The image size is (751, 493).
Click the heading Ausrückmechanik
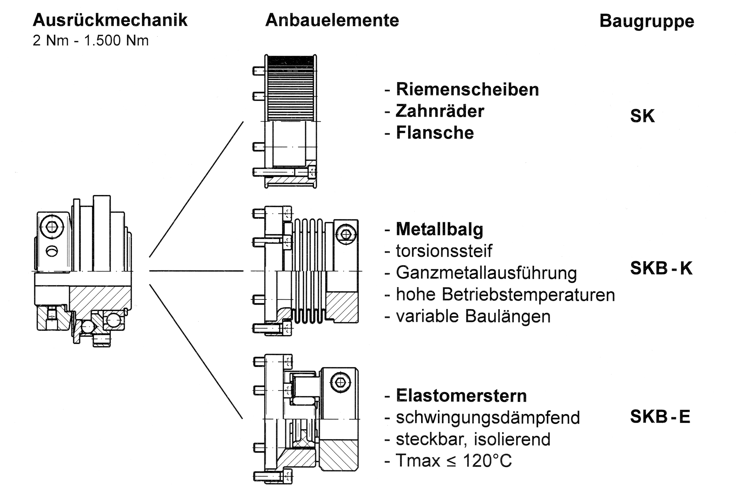point(110,20)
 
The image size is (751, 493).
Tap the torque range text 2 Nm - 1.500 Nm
point(91,41)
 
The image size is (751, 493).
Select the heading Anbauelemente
point(332,20)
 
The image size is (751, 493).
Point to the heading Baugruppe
point(647,21)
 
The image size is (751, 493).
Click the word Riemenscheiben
point(467,89)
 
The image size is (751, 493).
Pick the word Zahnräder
point(440,111)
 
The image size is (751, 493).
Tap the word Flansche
point(435,133)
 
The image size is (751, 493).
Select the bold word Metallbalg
point(439,229)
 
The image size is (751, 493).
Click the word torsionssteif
point(444,251)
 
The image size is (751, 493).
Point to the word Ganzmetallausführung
point(486,273)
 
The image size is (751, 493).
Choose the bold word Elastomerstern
point(461,396)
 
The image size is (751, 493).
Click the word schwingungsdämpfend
point(488,417)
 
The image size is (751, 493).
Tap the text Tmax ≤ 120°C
point(454,461)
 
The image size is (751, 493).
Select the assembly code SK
point(642,116)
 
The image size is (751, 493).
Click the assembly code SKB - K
point(661,268)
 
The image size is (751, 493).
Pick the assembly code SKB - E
point(660,417)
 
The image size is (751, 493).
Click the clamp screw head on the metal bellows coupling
point(346,234)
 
